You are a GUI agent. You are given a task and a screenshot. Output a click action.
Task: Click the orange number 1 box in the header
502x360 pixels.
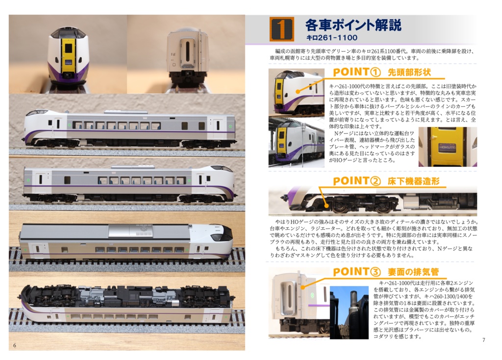coord(282,29)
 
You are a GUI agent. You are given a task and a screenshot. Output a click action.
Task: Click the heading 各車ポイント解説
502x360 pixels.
coord(353,25)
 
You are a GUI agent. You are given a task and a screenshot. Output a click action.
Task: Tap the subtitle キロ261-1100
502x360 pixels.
coord(331,37)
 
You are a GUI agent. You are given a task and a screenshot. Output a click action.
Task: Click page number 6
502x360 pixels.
coord(15,345)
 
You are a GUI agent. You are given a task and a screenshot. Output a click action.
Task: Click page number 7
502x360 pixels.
coord(483,340)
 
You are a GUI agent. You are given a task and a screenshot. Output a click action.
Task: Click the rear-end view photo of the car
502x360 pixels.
coord(186,54)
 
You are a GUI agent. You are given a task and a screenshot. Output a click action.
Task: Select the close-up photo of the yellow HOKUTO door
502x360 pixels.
coord(447,146)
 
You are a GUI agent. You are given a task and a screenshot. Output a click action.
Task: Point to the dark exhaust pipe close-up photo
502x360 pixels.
coord(349,312)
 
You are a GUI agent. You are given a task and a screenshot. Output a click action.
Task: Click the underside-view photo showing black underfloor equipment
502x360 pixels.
coord(126,304)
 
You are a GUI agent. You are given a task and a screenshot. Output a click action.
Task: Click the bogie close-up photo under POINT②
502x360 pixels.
coord(373,200)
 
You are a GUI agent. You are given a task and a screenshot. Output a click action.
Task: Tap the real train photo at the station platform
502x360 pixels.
coord(296,142)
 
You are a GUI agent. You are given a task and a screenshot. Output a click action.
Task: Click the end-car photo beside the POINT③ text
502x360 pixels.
coord(298,303)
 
